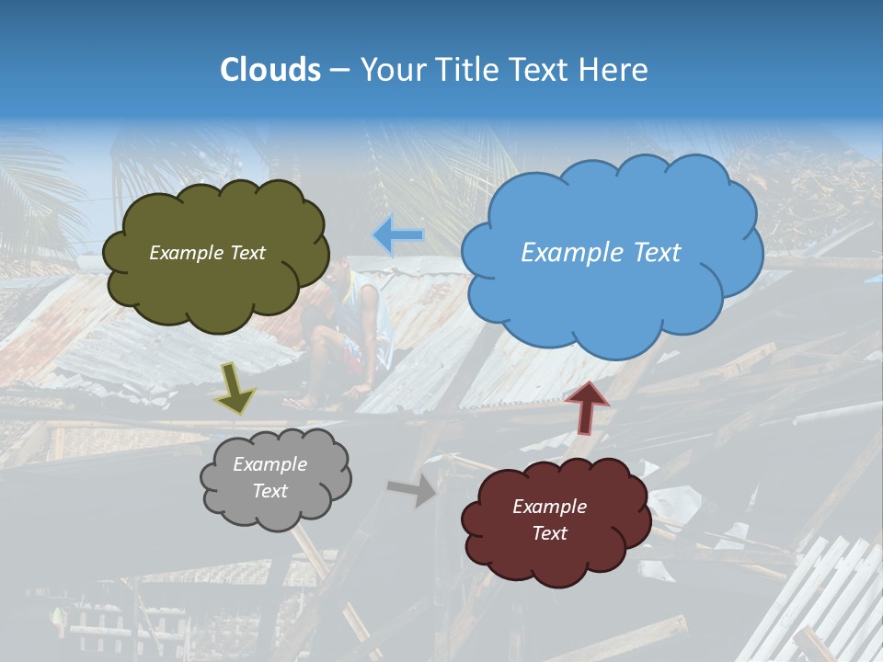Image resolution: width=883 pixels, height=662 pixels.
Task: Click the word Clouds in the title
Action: pyautogui.click(x=270, y=70)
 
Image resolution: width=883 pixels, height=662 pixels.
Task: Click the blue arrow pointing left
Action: pyautogui.click(x=398, y=235)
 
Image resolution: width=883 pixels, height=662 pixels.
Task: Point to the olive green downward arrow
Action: pyautogui.click(x=235, y=387)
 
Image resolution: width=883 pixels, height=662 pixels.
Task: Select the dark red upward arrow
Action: pyautogui.click(x=587, y=406)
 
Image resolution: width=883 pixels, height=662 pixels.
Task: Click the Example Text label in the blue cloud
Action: pyautogui.click(x=601, y=253)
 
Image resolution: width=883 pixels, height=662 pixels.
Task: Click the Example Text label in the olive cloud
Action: pyautogui.click(x=207, y=253)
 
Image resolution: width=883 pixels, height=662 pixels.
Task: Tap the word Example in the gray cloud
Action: pyautogui.click(x=269, y=464)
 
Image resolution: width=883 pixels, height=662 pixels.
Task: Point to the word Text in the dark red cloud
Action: pyautogui.click(x=549, y=533)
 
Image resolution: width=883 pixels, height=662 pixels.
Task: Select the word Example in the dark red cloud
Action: pyautogui.click(x=549, y=507)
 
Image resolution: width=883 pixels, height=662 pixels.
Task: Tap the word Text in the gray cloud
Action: pyautogui.click(x=269, y=491)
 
